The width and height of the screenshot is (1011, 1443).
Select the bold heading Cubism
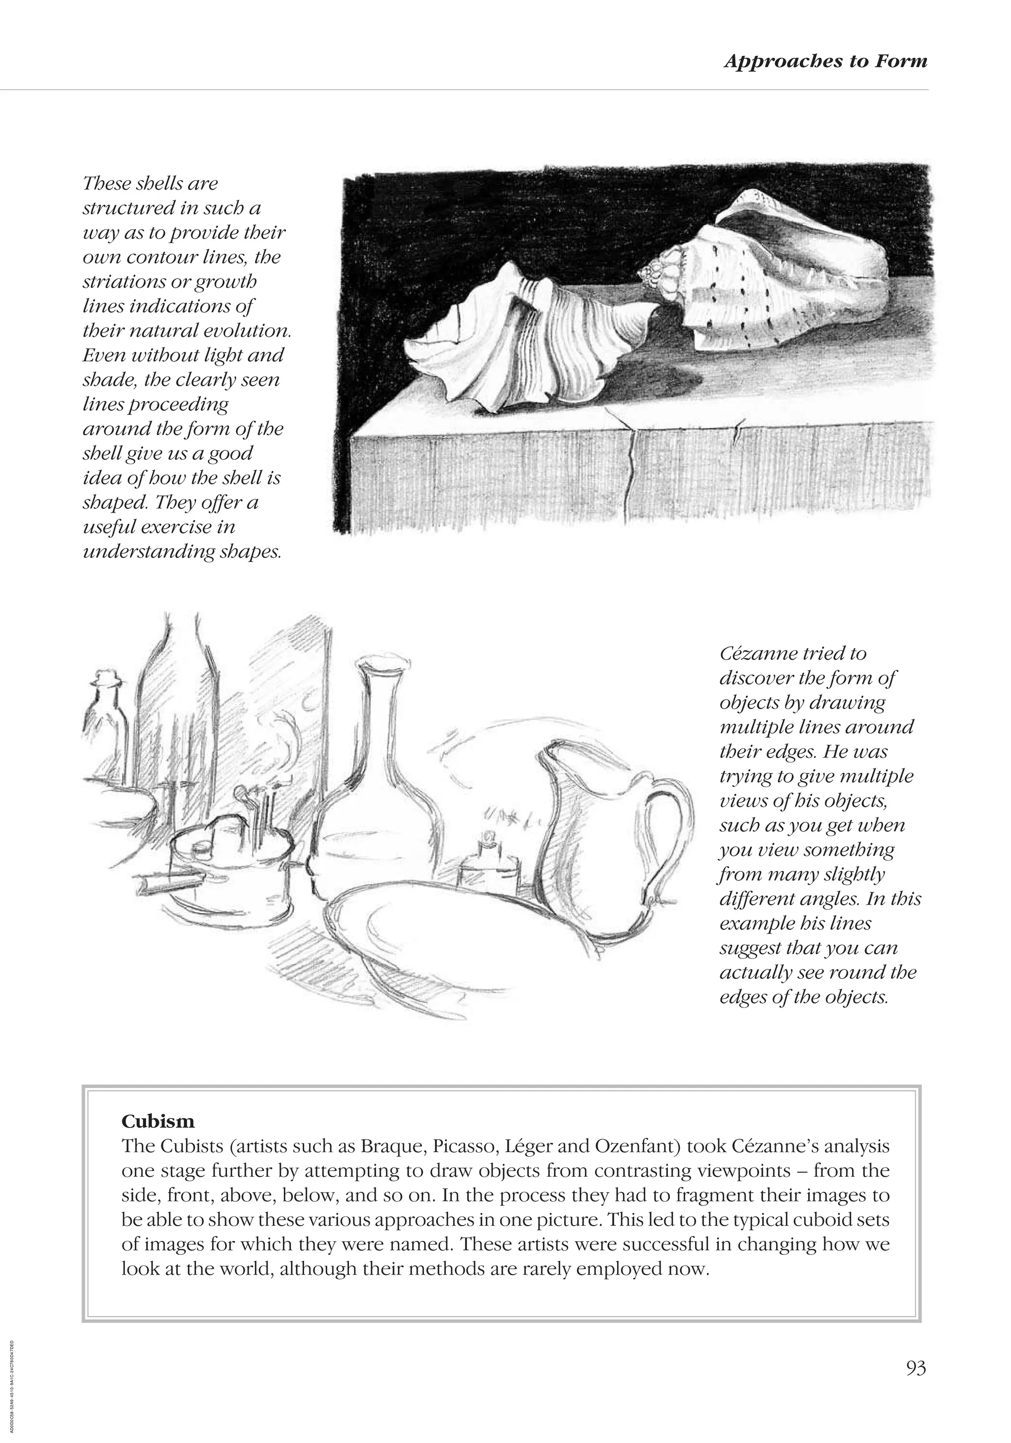click(x=157, y=1121)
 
